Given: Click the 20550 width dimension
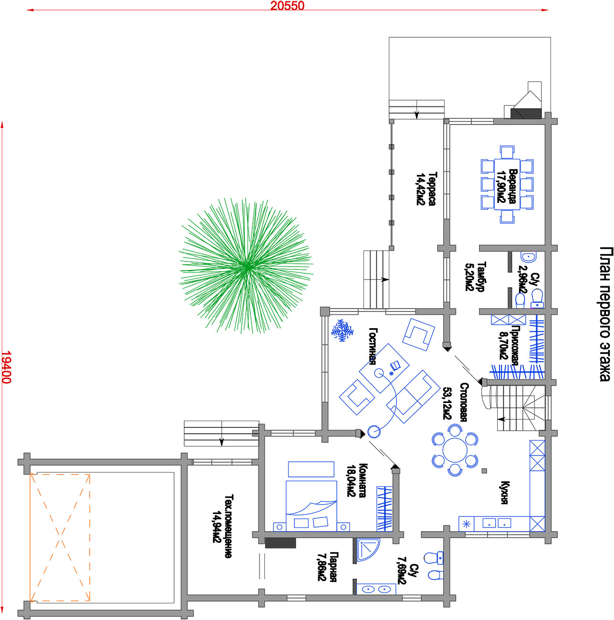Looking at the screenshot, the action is [x=287, y=6].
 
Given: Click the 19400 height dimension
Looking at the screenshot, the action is [x=6, y=367].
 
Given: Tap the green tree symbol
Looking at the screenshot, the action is [x=246, y=266].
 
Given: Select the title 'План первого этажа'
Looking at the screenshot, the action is [x=605, y=314].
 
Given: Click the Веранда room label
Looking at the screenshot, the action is [x=512, y=186].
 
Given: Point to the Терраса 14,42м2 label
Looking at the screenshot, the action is [x=426, y=188].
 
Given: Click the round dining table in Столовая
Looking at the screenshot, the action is [x=454, y=450].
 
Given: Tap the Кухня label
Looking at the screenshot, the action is [x=504, y=493].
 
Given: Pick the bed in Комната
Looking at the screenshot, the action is [x=311, y=506].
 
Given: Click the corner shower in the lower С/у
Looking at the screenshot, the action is [x=368, y=550].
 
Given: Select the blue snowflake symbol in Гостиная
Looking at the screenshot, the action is [x=342, y=331].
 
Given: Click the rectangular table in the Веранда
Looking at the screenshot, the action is [x=507, y=184].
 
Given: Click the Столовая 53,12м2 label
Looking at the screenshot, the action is [x=455, y=402].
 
